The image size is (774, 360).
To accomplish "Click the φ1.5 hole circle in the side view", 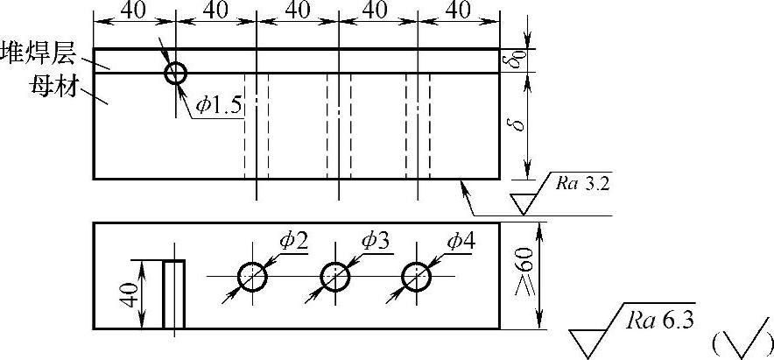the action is [176, 73].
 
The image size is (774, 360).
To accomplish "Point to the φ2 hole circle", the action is [252, 277].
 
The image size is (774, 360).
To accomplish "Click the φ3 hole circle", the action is [334, 277].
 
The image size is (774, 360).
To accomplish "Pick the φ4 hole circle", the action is [416, 277].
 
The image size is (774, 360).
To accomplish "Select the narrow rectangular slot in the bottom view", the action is [174, 294].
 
